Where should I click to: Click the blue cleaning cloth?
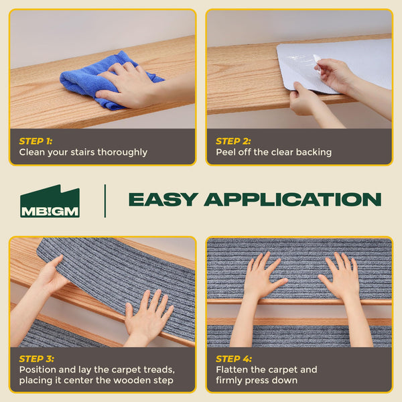tap(87, 79)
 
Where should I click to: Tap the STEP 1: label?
tap(35, 141)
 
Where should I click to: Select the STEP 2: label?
tap(232, 141)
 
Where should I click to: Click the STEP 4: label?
tap(232, 358)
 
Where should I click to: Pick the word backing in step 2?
tap(314, 153)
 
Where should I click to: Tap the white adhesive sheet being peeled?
tap(335, 64)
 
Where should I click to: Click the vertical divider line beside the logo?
tap(105, 201)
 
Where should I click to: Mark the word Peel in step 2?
tap(226, 153)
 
